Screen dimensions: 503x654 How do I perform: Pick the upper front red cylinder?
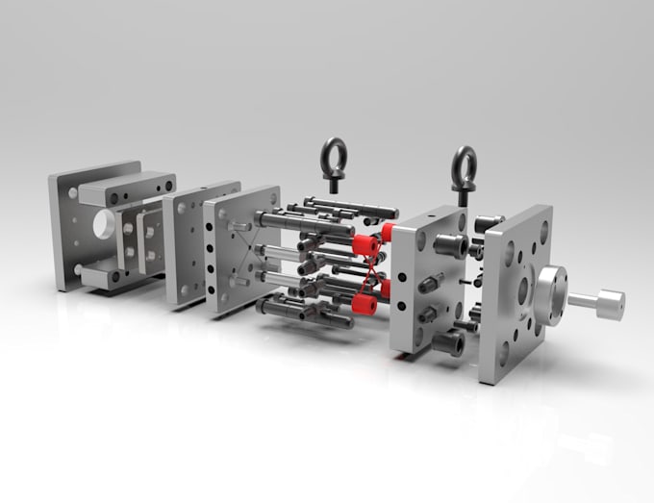[x=365, y=246]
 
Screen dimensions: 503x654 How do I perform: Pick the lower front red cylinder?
[x=364, y=305]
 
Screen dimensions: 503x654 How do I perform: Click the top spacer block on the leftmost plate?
[x=126, y=188]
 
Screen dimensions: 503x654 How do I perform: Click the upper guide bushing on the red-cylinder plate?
[x=450, y=244]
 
